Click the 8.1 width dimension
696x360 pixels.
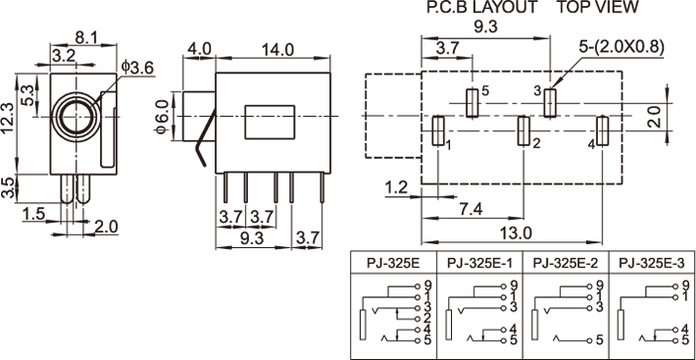click(84, 38)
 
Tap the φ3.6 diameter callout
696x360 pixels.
click(136, 68)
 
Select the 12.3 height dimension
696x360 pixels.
click(8, 118)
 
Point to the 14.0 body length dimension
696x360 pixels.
click(273, 50)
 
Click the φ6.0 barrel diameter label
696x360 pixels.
click(162, 117)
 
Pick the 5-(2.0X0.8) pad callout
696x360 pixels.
click(621, 47)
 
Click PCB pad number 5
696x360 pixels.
click(472, 103)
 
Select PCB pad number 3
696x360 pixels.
click(550, 103)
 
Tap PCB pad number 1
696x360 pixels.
click(438, 130)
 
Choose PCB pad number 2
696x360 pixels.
click(523, 130)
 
